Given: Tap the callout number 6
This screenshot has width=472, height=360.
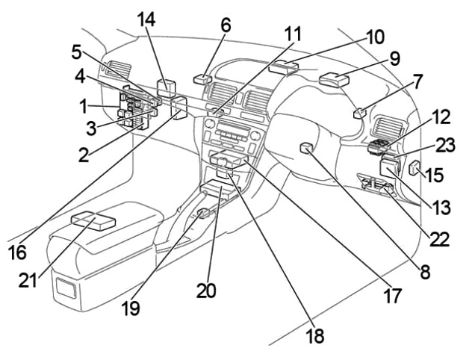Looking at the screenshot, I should (226, 25).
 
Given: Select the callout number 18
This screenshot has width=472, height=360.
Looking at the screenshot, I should (315, 335).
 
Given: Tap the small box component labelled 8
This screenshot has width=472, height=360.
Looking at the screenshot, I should (306, 148).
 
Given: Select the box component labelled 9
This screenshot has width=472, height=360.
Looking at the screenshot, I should (332, 78).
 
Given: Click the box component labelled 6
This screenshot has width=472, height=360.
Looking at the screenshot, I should (203, 78).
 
